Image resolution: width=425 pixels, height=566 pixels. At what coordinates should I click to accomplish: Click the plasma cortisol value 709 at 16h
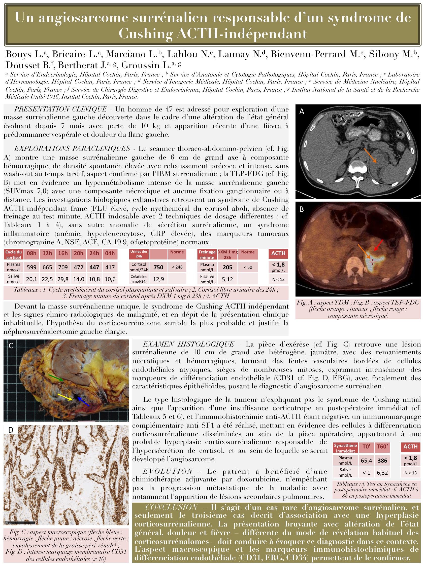point(63,267)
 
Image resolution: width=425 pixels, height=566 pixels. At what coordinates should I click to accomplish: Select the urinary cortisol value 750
point(158,267)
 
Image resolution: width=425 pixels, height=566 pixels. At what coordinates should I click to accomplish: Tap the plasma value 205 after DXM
point(227,267)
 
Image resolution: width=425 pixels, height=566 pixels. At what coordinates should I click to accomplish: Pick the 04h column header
point(110,253)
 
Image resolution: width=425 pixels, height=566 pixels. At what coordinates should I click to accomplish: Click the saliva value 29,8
point(63,279)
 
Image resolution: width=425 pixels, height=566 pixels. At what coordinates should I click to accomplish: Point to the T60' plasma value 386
point(382,461)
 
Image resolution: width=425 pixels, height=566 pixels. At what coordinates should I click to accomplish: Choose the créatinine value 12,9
point(158,279)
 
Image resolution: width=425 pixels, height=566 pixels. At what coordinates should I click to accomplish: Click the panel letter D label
point(11,430)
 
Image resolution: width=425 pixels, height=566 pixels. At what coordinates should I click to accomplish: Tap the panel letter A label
point(302,111)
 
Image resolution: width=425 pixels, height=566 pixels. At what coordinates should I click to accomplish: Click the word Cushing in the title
point(146,33)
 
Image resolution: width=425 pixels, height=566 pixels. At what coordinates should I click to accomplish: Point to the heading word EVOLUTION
point(168,471)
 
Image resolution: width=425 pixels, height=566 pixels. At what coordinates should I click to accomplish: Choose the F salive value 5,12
point(227,279)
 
